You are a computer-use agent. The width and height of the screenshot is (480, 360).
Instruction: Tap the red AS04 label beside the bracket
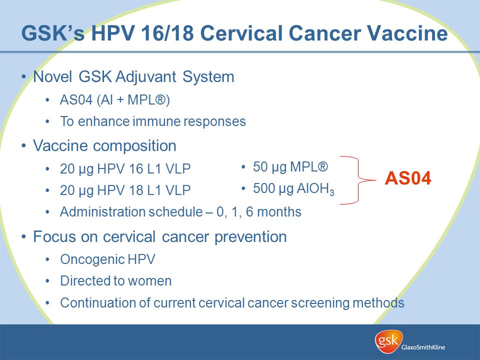coord(408,178)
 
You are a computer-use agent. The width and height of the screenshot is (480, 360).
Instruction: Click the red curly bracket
coord(357,180)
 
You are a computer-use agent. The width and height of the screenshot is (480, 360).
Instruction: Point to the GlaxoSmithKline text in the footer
coord(423,347)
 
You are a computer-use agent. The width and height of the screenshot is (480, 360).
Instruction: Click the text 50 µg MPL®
coord(290,167)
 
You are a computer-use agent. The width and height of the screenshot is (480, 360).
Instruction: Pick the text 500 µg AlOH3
coord(293,189)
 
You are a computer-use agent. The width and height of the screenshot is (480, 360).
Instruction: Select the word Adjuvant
coord(146,77)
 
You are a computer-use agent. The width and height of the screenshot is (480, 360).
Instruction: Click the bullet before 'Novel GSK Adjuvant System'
coord(23,77)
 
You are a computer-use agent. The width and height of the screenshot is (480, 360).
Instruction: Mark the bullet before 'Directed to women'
coord(47,281)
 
